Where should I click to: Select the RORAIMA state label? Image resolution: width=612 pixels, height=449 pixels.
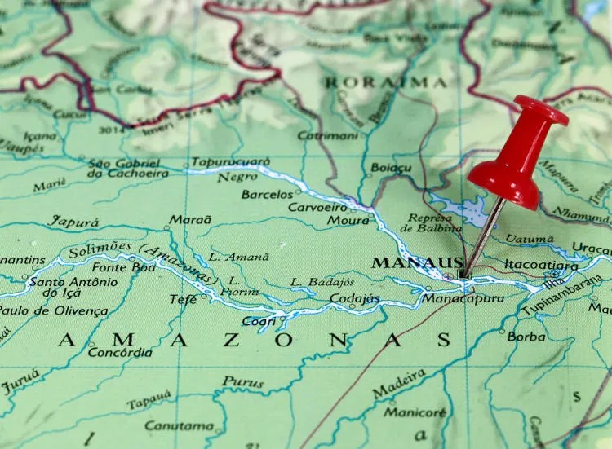[385, 82]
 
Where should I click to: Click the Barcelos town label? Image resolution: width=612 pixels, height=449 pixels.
[267, 195]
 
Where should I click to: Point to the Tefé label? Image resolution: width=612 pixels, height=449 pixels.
[183, 299]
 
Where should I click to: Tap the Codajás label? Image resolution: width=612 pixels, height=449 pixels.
[354, 299]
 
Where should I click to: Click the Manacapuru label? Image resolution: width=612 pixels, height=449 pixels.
[463, 298]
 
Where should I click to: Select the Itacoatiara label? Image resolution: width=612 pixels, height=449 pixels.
[542, 263]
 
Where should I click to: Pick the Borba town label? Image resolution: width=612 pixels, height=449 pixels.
[526, 336]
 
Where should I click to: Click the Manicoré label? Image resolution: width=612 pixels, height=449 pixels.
[415, 412]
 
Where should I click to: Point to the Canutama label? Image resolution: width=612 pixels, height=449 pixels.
[180, 425]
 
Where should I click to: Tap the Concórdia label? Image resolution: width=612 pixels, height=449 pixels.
[119, 353]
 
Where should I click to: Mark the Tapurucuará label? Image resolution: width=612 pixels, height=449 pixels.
[230, 161]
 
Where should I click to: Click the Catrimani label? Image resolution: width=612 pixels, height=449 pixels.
[327, 135]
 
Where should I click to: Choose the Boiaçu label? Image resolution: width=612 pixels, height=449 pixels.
[391, 169]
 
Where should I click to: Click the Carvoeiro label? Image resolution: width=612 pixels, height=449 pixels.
[317, 207]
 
